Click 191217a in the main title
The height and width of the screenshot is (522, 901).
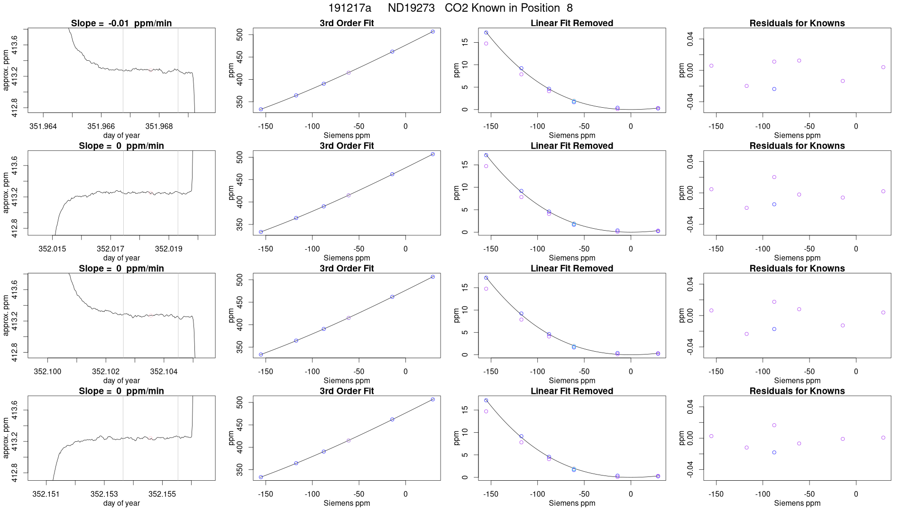pyautogui.click(x=349, y=8)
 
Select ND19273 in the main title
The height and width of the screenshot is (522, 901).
pyautogui.click(x=411, y=8)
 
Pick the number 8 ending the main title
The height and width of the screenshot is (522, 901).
pyautogui.click(x=570, y=8)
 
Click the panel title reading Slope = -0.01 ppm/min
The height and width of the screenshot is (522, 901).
pyautogui.click(x=121, y=23)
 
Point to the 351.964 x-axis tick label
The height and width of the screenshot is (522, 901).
pyautogui.click(x=43, y=126)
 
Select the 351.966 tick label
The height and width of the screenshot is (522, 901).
pyautogui.click(x=101, y=126)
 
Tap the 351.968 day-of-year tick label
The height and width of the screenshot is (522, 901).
pyautogui.click(x=159, y=126)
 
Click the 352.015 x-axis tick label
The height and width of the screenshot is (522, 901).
pyautogui.click(x=52, y=249)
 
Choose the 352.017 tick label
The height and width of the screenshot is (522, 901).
pyautogui.click(x=110, y=249)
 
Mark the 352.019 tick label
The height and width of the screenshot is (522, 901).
pyautogui.click(x=168, y=249)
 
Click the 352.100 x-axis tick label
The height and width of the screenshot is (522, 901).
pyautogui.click(x=47, y=372)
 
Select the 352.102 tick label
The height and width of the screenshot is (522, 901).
pyautogui.click(x=106, y=372)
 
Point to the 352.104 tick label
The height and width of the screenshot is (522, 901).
pyautogui.click(x=164, y=372)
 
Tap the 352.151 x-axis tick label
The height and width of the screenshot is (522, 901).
pyautogui.click(x=46, y=494)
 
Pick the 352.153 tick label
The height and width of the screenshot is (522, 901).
pyautogui.click(x=104, y=494)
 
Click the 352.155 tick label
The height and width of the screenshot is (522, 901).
pyautogui.click(x=162, y=494)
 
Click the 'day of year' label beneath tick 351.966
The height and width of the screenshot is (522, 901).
pyautogui.click(x=121, y=135)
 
